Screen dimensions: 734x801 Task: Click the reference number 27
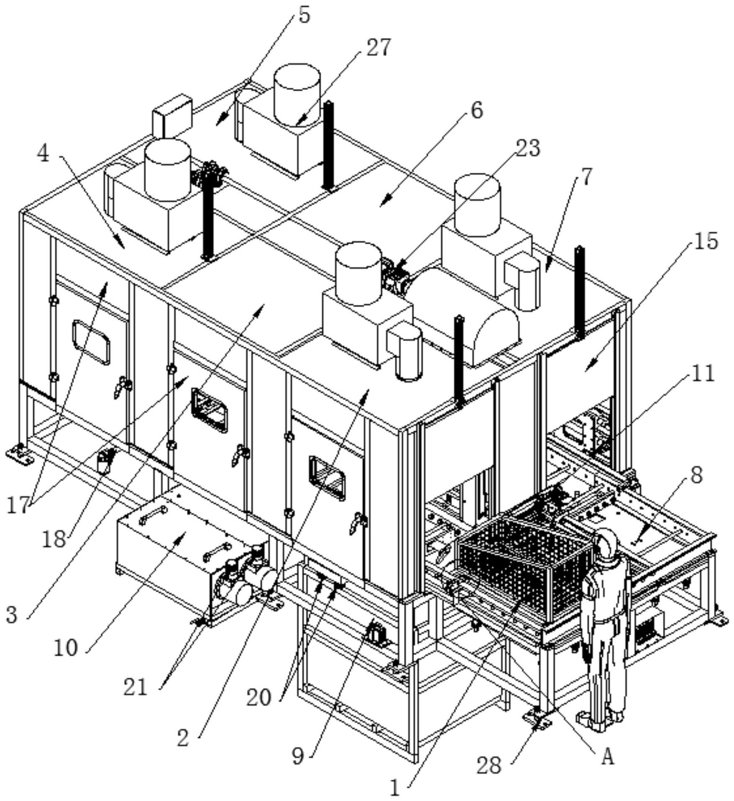[379, 48]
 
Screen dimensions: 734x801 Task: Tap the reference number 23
[527, 148]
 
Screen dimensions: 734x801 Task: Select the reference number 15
[706, 241]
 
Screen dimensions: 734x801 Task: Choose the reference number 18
[54, 540]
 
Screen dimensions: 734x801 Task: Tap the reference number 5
[304, 15]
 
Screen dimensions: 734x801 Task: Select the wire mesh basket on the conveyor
[526, 563]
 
